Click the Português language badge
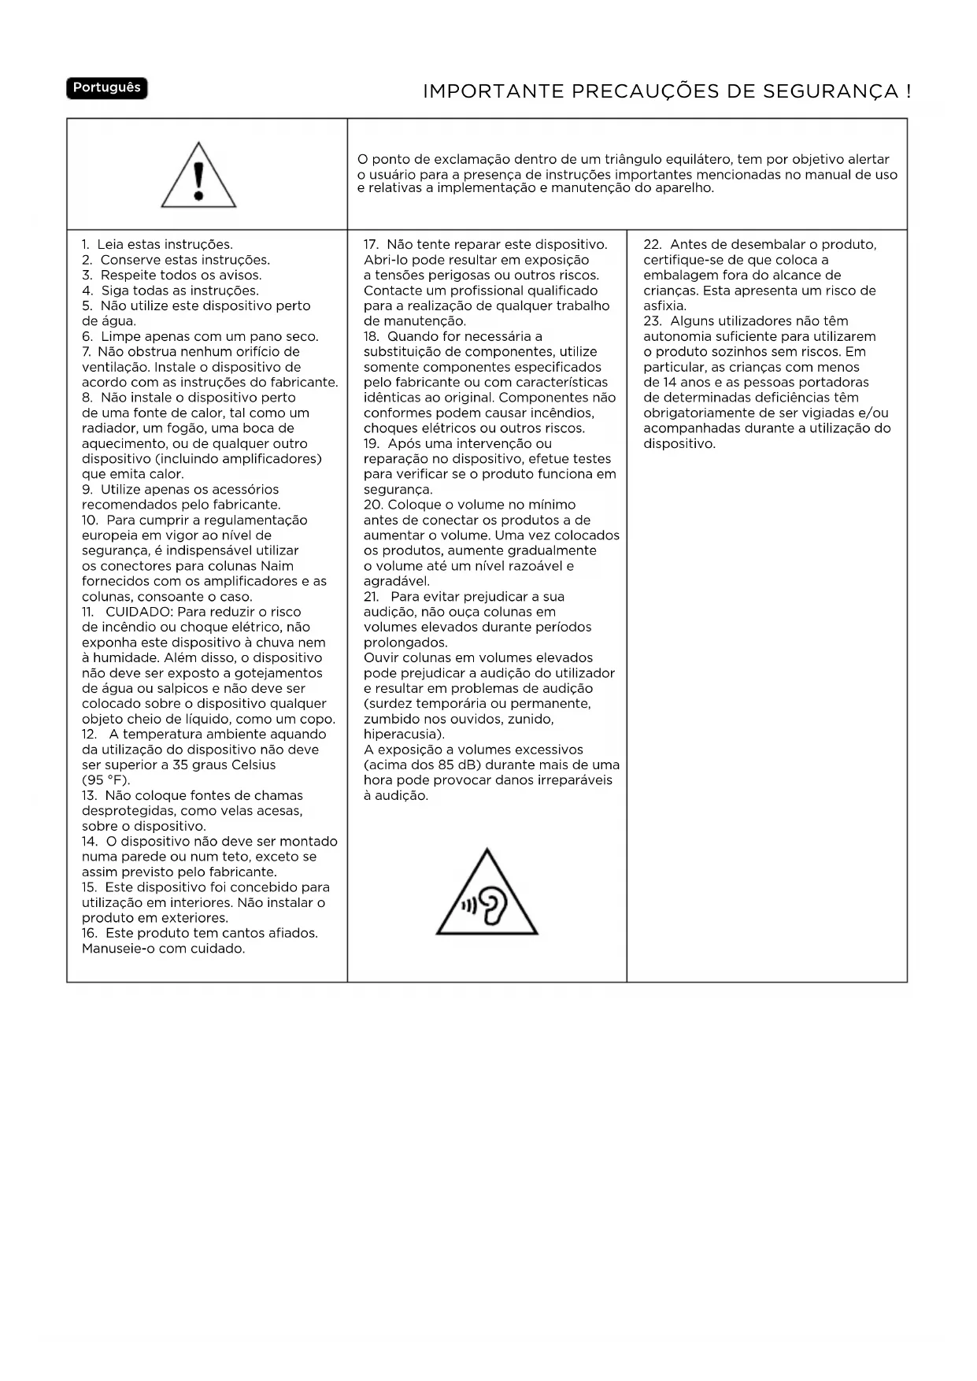tap(106, 88)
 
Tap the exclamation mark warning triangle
tap(198, 176)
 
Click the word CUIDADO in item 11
tap(139, 612)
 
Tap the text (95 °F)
tap(105, 780)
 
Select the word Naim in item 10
tap(276, 566)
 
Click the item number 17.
tap(372, 245)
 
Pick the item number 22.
tap(653, 245)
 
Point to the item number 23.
tap(653, 321)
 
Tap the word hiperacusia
tap(402, 735)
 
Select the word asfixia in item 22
tap(664, 306)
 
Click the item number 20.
tap(373, 505)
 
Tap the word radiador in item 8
tap(109, 428)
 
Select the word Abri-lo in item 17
tap(387, 260)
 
